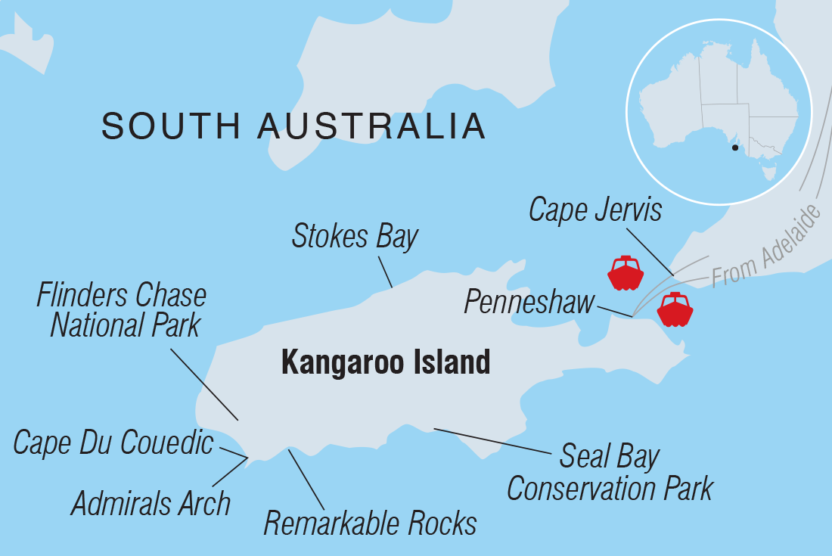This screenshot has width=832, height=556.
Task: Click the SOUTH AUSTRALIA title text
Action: tap(293, 126)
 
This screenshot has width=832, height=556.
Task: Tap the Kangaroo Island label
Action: tap(386, 362)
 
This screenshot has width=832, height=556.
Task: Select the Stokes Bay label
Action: tap(355, 237)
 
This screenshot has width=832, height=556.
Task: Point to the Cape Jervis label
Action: tap(595, 210)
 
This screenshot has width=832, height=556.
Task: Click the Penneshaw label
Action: tap(529, 303)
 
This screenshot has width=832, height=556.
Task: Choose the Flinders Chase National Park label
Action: tap(121, 310)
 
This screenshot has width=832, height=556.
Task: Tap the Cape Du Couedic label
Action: tap(113, 443)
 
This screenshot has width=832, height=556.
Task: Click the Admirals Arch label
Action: tap(151, 503)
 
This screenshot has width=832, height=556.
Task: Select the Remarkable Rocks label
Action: tap(370, 523)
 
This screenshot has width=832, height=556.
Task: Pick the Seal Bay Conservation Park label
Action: tap(610, 474)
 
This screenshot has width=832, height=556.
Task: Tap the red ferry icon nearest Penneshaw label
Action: tap(625, 273)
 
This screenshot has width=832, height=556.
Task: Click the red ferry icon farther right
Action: tap(675, 309)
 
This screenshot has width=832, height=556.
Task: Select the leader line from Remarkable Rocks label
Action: tap(306, 479)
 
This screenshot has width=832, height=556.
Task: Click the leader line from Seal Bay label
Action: tap(492, 441)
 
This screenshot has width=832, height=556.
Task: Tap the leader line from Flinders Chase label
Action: tap(204, 384)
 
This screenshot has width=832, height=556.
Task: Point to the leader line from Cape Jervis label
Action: tap(650, 250)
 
